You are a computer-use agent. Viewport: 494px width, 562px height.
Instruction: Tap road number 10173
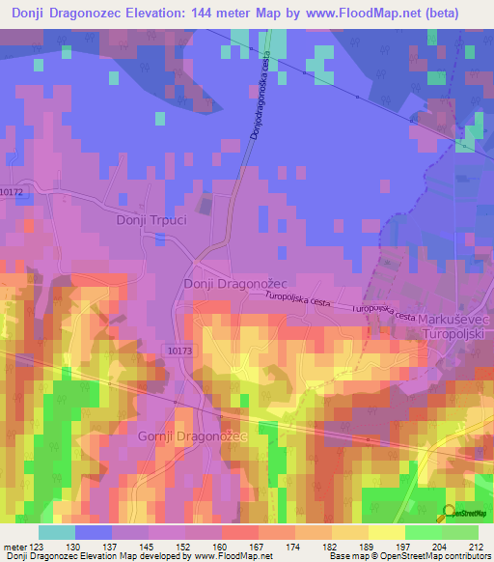[x=178, y=351]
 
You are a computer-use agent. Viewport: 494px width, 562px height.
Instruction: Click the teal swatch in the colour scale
[x=57, y=532]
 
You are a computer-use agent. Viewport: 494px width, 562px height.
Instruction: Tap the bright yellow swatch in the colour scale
[x=387, y=532]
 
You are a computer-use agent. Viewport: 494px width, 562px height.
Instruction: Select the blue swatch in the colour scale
[x=94, y=532]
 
